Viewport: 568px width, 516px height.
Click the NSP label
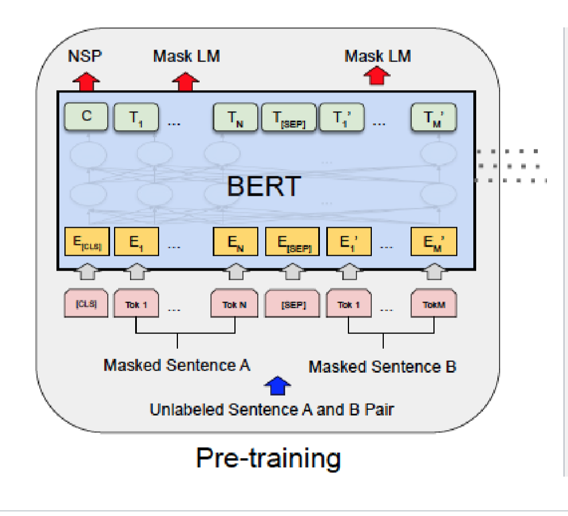click(86, 56)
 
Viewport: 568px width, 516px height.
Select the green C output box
click(86, 117)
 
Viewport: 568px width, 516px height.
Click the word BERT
click(263, 186)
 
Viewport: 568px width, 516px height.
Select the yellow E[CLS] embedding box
click(86, 243)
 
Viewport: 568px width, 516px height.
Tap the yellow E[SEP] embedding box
click(291, 243)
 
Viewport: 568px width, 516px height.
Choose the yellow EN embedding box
click(234, 243)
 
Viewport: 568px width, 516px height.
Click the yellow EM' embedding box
click(434, 243)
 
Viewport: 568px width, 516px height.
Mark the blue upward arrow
click(278, 386)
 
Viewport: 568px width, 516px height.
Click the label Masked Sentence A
click(177, 365)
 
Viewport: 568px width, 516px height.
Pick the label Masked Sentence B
click(382, 366)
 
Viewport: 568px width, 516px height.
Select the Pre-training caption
click(268, 457)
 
